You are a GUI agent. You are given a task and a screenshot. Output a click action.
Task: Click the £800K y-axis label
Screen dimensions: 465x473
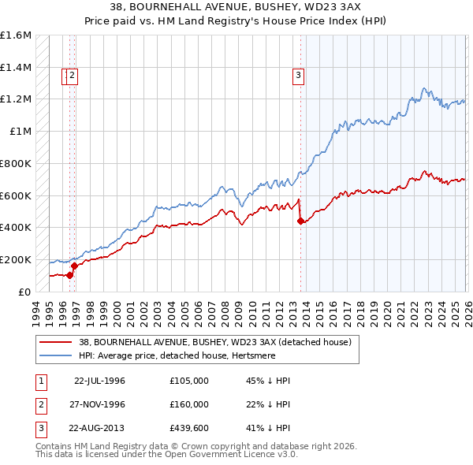(x=16, y=163)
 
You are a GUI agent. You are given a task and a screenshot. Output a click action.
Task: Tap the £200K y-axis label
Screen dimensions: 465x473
(x=16, y=259)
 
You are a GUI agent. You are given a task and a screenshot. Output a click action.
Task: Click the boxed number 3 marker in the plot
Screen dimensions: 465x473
(x=299, y=76)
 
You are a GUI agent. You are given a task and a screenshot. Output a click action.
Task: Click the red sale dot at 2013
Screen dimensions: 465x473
(x=300, y=221)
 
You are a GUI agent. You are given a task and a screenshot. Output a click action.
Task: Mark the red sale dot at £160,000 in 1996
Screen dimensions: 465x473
(x=74, y=266)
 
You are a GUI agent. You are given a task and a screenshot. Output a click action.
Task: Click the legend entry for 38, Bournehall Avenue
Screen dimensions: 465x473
(x=219, y=341)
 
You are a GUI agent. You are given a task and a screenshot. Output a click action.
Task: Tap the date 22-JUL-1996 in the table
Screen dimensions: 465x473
(x=99, y=380)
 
